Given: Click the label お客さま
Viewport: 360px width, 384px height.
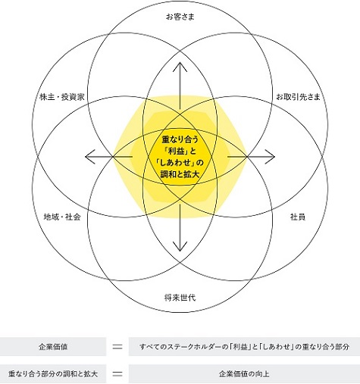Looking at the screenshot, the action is coord(180,17).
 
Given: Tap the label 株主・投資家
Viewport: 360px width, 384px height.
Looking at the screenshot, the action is coord(62,97).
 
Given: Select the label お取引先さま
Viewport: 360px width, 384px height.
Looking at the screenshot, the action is coord(298,97).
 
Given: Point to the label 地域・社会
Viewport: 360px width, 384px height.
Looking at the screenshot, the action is coord(62,217).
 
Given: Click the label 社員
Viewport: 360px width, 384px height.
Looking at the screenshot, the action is coord(298,217).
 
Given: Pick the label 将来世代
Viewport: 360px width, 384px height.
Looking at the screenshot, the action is coord(180,298).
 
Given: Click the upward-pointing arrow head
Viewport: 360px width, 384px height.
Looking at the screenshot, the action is coord(180,66).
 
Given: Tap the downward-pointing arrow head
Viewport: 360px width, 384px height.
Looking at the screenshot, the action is coord(180,247).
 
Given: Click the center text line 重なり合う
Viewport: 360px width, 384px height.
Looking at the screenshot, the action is coord(180,139).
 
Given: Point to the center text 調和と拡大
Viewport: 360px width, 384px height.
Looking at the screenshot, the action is coord(180,174).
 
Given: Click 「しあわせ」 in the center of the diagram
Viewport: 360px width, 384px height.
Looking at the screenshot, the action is coord(176,163).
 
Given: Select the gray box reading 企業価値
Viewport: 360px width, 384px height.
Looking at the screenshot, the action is coord(53,347).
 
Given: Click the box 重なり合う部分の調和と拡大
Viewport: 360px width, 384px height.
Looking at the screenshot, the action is coord(53,373).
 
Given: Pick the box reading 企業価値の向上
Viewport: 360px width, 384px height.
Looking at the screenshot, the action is coord(244,373).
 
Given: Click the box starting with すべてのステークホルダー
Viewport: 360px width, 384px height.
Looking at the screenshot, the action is coord(244,347).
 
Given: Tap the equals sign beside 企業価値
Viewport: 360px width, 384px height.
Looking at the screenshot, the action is coord(117,347).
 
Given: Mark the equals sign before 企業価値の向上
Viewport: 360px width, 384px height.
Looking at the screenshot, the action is coord(117,373).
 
